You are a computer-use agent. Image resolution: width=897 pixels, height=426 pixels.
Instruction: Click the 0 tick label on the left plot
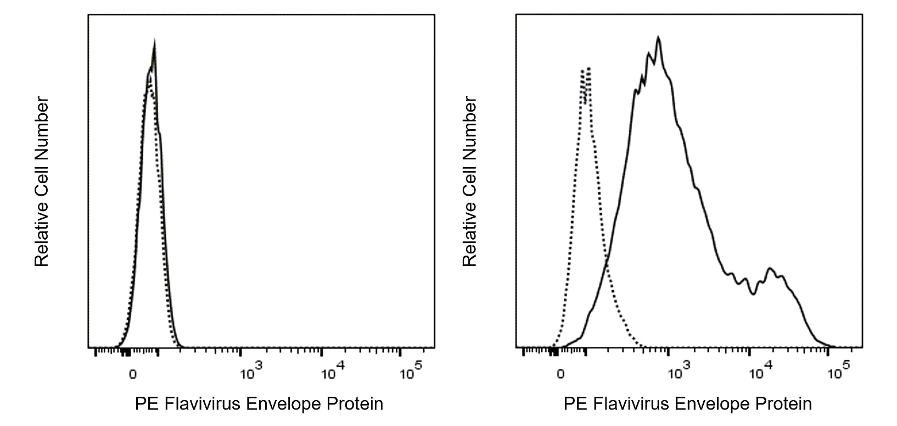click(x=132, y=374)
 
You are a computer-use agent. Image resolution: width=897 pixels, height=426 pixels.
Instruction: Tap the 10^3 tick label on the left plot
click(x=250, y=372)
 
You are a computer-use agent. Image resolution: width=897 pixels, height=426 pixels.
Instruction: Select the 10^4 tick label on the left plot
click(x=331, y=372)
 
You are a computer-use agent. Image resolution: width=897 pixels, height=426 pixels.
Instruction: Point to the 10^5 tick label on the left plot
click(x=410, y=372)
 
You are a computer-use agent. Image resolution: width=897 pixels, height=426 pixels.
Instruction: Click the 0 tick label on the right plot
click(x=560, y=374)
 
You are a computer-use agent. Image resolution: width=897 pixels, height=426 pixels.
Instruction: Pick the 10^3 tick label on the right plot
click(x=679, y=372)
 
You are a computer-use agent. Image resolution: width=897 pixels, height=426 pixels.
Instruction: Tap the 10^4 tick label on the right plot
click(x=759, y=372)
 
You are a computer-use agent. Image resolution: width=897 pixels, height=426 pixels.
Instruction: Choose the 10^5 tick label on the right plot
click(x=838, y=372)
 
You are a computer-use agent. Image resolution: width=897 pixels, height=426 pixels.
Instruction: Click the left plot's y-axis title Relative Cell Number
click(x=42, y=181)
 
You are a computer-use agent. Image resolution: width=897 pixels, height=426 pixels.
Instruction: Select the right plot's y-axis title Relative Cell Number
click(x=470, y=181)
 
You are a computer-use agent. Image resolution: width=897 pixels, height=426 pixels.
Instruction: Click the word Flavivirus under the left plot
click(x=202, y=404)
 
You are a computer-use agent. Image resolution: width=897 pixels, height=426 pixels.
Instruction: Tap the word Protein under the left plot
click(x=355, y=404)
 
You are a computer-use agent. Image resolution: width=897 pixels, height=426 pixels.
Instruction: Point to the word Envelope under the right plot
click(x=714, y=404)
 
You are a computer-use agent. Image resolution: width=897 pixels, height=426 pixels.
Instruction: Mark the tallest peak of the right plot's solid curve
click(x=658, y=38)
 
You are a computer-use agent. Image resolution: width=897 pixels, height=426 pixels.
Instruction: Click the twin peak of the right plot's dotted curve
click(x=585, y=70)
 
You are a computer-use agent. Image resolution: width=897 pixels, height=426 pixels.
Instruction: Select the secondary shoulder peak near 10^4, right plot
click(x=770, y=269)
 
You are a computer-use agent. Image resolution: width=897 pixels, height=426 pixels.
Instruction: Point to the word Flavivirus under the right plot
click(x=630, y=404)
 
